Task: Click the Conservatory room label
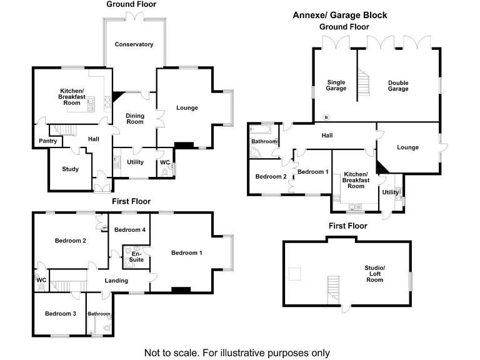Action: tap(134, 44)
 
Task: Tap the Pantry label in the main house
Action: tap(47, 141)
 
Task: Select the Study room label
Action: tap(70, 169)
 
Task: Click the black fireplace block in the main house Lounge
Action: tap(183, 146)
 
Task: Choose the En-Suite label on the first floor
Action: tap(136, 256)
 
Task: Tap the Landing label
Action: tap(117, 281)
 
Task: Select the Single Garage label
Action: tap(336, 85)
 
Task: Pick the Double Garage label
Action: tap(398, 85)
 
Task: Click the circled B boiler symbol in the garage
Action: tap(325, 117)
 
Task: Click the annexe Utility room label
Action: tap(390, 192)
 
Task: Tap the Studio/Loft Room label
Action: tap(375, 274)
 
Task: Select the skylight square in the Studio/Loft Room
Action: tap(294, 273)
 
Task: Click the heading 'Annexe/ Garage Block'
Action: tap(339, 15)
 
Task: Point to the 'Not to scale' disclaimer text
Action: tap(237, 352)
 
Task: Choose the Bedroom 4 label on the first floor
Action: tap(130, 230)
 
